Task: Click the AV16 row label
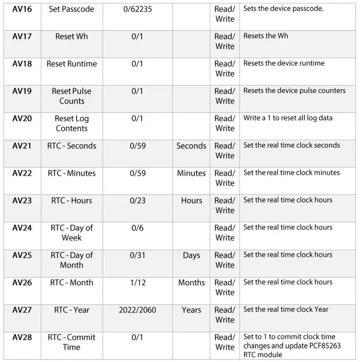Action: tap(22, 9)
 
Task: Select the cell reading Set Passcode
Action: tap(72, 9)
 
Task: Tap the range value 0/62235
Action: tap(137, 9)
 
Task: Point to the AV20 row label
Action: tap(22, 119)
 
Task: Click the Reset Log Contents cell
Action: tap(72, 123)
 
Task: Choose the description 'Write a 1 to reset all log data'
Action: tap(288, 118)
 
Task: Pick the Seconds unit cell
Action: tap(191, 146)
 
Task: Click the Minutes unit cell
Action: tap(191, 173)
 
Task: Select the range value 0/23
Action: tap(137, 201)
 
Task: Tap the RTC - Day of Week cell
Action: tap(72, 233)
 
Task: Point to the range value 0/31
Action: tap(137, 255)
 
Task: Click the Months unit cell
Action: tap(191, 283)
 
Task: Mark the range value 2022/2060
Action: tap(137, 310)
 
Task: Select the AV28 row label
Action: tap(22, 338)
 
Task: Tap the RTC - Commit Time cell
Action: tap(72, 342)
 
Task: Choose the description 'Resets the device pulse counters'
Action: tap(294, 91)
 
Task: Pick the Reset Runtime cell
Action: tap(72, 64)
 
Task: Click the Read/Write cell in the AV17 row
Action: tap(224, 41)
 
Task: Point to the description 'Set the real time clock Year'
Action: tap(285, 310)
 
